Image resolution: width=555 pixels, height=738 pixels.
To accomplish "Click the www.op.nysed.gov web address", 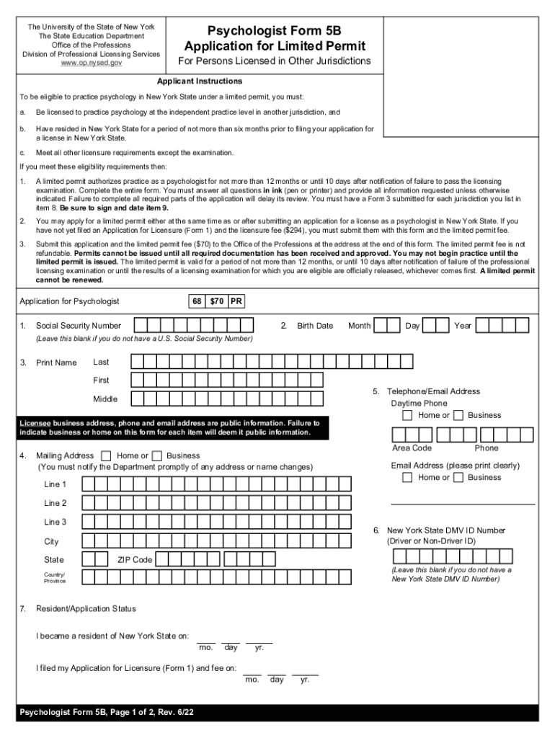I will pyautogui.click(x=92, y=63).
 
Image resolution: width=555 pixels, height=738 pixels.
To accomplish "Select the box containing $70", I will pyautogui.click(x=216, y=301).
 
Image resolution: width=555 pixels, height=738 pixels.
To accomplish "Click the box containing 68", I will pyautogui.click(x=197, y=301).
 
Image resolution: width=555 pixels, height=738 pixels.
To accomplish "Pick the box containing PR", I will pyautogui.click(x=236, y=301).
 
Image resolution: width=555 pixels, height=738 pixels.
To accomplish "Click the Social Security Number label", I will pyautogui.click(x=79, y=326).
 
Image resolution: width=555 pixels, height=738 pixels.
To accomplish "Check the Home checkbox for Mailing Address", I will pyautogui.click(x=107, y=455).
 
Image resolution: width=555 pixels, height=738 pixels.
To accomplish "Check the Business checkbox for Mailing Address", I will pyautogui.click(x=156, y=455).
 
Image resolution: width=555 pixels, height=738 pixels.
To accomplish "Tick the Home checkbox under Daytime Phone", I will pyautogui.click(x=408, y=415).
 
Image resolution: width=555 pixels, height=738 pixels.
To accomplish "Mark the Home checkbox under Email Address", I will pyautogui.click(x=408, y=477).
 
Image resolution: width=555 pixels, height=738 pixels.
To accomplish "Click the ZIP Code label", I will pyautogui.click(x=135, y=560).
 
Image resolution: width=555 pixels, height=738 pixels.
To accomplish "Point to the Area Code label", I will pyautogui.click(x=412, y=448).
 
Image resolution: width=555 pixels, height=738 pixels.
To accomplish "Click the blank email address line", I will pyautogui.click(x=463, y=502).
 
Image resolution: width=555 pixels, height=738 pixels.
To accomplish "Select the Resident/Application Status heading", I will pyautogui.click(x=86, y=609).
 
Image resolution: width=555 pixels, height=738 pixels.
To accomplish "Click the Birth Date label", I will pyautogui.click(x=315, y=326).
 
